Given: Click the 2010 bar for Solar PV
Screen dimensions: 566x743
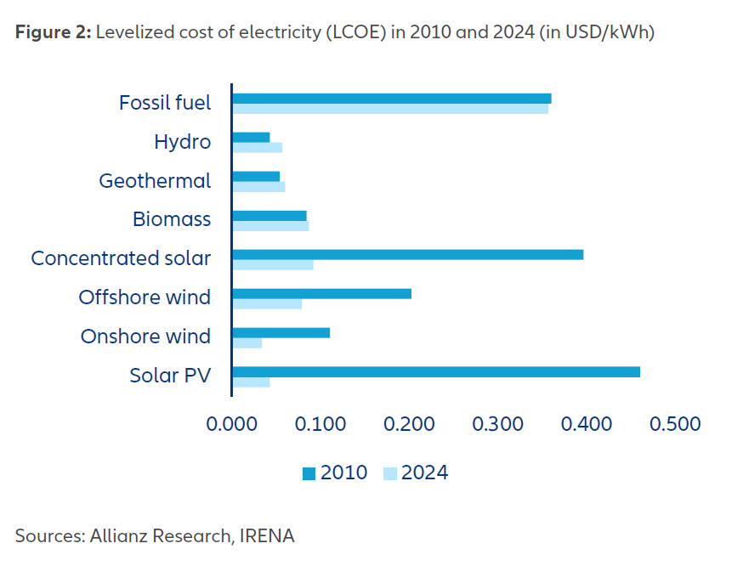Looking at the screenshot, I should (x=435, y=371).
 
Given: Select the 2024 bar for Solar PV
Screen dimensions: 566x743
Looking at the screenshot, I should (x=251, y=382).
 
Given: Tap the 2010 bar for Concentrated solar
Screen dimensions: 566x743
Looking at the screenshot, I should (x=407, y=254).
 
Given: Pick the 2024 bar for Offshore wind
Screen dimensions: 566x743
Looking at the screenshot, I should (x=267, y=304).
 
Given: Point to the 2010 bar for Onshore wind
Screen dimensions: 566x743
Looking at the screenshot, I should (x=281, y=332).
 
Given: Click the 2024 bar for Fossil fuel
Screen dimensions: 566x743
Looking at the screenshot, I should (x=390, y=109).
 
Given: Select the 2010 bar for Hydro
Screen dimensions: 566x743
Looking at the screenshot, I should (x=251, y=137).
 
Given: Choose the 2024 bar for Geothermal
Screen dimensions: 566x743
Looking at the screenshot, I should (x=258, y=187).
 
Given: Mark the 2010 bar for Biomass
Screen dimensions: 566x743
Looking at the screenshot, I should (x=269, y=215).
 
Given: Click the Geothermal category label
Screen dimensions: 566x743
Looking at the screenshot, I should (x=155, y=181).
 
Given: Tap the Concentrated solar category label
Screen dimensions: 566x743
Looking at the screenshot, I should (x=121, y=258).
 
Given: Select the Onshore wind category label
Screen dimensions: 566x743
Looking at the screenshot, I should (x=145, y=337).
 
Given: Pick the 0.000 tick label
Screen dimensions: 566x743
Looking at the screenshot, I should (x=230, y=423).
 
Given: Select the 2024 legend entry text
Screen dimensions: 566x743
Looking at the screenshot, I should (x=424, y=473).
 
